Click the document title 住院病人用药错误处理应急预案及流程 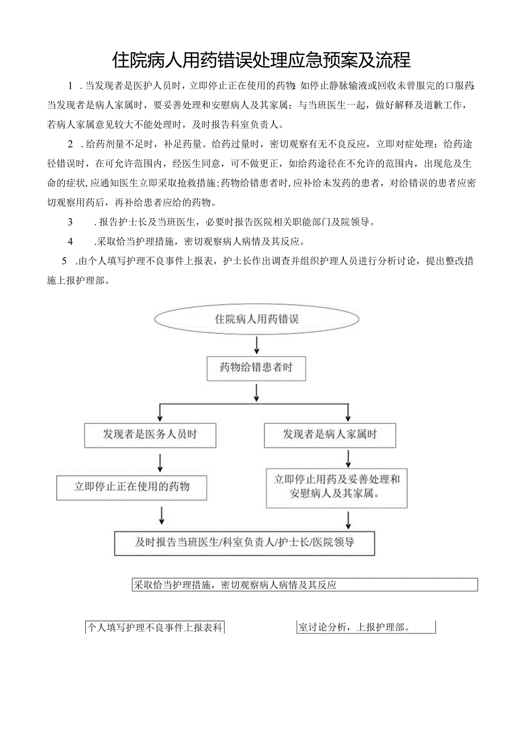261,59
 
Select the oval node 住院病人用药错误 256,319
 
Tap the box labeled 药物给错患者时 256,368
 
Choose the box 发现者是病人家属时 330,435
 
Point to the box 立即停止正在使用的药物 131,487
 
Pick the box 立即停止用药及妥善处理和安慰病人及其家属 337,487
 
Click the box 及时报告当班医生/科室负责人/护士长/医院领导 244,542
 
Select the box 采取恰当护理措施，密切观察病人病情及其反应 304,584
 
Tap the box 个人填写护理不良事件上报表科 154,628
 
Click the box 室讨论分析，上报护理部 366,628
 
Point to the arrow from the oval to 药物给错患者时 256,345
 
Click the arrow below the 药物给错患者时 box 256,392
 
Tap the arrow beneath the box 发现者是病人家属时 348,458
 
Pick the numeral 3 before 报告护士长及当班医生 70,222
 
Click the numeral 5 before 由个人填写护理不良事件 64,261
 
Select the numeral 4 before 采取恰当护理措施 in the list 70,241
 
